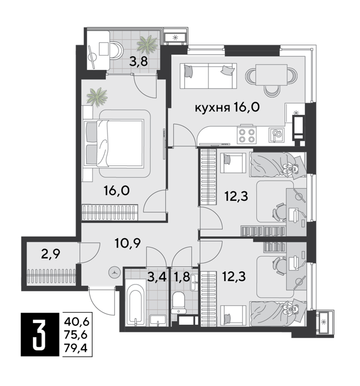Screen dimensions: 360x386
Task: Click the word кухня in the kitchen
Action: pos(212,108)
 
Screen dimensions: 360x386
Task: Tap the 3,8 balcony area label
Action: pos(138,62)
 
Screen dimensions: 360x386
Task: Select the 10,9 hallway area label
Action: pos(128,244)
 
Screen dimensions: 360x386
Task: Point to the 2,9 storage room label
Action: pos(51,254)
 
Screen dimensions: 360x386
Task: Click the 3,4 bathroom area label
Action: pos(157,277)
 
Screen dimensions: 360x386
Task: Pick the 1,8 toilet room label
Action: pos(182,277)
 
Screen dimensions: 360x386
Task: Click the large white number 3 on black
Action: pos(39,335)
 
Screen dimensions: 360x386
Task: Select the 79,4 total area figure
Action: pos(76,348)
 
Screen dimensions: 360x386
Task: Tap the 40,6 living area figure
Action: pos(76,321)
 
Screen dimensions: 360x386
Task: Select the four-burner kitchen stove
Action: pos(246,135)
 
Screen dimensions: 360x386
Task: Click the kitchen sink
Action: pos(276,135)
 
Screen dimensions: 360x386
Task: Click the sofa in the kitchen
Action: pos(208,76)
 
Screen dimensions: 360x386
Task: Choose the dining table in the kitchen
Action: pos(271,75)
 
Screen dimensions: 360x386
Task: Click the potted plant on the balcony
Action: pos(147,44)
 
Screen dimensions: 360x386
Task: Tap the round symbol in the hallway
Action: pos(114,273)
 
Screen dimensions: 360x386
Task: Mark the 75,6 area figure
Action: pos(76,335)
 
